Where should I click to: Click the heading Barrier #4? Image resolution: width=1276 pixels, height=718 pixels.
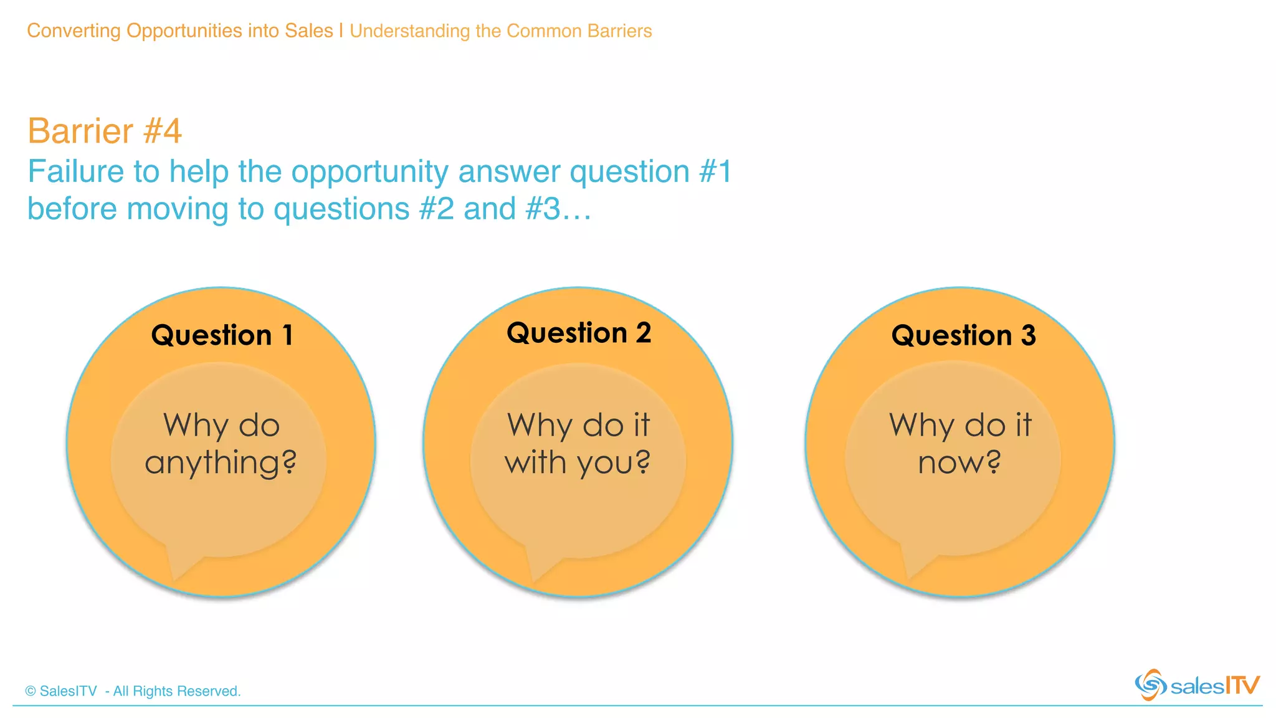105,131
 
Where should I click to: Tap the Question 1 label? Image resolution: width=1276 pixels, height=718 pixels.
222,335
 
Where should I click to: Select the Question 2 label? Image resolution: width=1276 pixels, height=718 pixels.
579,333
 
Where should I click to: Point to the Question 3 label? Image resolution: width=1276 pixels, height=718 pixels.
963,335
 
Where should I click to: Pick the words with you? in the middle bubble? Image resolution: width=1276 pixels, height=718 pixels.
578,463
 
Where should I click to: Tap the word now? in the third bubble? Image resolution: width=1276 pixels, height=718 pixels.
959,463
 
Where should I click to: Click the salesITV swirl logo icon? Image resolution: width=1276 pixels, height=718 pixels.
1150,685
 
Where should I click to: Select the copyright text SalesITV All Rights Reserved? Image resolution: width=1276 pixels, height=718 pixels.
133,691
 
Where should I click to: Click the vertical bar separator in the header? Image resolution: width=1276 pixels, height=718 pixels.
341,31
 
